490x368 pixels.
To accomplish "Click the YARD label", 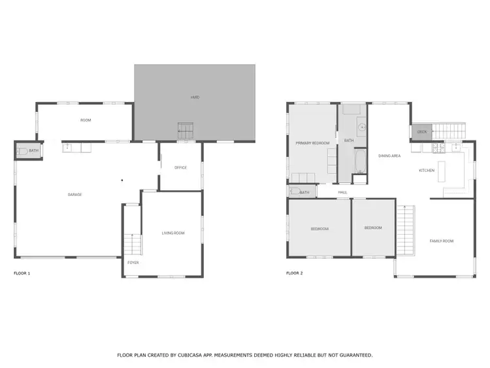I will tap(195, 97).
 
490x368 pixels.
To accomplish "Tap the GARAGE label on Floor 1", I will tap(75, 195).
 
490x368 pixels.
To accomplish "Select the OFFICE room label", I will tap(180, 168).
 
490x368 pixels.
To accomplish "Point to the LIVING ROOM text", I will tap(173, 233).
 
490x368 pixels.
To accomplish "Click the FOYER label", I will tap(133, 263).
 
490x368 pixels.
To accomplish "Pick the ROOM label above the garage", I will tap(86, 120).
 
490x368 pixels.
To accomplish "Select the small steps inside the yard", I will tap(186, 130).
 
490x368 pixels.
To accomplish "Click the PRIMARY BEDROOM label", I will tap(312, 143).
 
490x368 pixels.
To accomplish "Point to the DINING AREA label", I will tap(389, 156).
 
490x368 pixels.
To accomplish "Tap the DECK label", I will tap(421, 132).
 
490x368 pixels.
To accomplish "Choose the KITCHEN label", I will tap(427, 171).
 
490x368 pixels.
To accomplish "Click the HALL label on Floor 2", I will tap(342, 192).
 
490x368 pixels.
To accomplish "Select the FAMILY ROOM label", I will tap(441, 241).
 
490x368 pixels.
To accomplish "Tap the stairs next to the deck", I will tap(449, 131).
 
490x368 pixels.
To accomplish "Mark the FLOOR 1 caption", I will tap(22, 273).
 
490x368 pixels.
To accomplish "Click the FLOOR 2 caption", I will tap(295, 273).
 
